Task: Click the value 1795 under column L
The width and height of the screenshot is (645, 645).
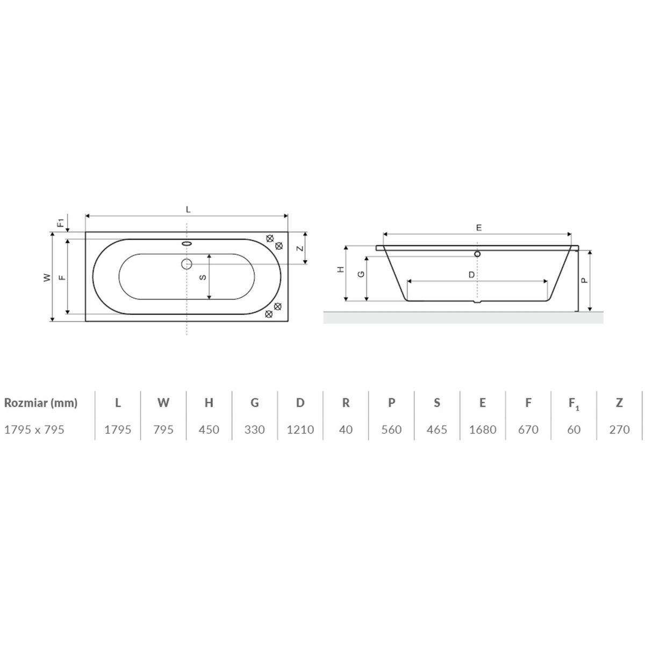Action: click(x=118, y=429)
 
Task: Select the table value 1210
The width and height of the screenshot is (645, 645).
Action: click(x=300, y=429)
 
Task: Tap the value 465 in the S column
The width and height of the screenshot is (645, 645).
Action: click(x=437, y=429)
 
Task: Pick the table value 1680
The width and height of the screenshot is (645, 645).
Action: click(x=482, y=429)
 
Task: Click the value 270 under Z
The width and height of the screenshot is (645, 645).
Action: click(x=619, y=429)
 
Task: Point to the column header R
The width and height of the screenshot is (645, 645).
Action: click(x=346, y=403)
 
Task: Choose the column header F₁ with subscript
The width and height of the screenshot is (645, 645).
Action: click(x=574, y=404)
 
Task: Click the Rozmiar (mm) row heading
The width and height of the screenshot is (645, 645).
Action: click(x=41, y=403)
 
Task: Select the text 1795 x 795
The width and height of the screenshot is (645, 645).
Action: click(x=34, y=429)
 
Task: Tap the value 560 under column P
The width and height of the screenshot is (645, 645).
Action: click(x=391, y=429)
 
